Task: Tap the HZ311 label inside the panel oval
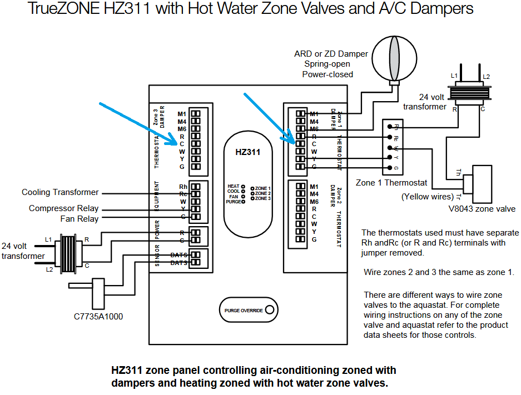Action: pos(247,152)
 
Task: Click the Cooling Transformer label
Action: pos(60,192)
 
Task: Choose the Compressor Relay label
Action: pos(63,208)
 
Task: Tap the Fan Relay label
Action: pos(79,218)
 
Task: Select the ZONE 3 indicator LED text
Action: pos(262,198)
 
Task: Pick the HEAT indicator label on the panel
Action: pos(234,187)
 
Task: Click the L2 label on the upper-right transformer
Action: pos(486,76)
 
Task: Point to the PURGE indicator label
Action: pos(233,202)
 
